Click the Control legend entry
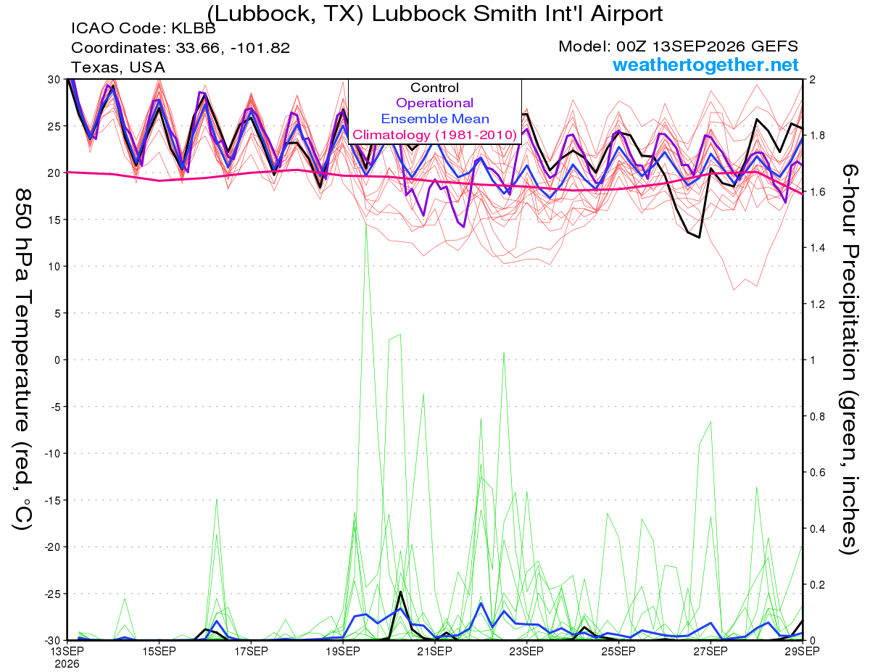[434, 88]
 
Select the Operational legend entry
[434, 103]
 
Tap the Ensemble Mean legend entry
[435, 119]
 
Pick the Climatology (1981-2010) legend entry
[434, 135]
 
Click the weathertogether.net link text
[705, 65]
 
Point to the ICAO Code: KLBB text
[144, 28]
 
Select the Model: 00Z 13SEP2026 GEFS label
[678, 46]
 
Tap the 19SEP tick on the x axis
[343, 651]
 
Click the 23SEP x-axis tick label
[526, 651]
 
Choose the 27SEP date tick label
[710, 651]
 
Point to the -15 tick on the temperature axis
[52, 500]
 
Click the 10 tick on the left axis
[54, 267]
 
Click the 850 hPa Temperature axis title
[22, 360]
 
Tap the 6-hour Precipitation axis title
[849, 359]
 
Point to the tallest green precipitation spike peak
[366, 225]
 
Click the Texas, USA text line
[118, 67]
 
